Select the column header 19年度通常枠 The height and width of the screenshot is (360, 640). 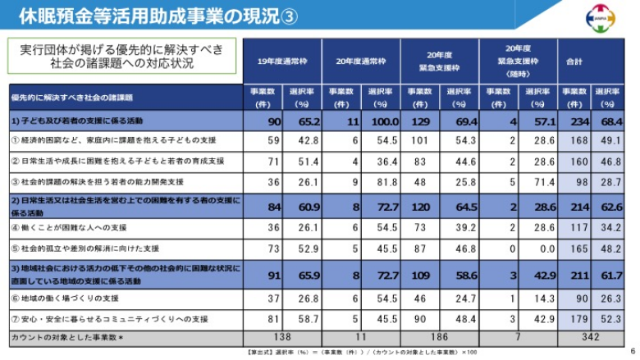click(x=282, y=61)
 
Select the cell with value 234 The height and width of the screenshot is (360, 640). click(x=577, y=121)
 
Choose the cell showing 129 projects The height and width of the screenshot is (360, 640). click(x=419, y=121)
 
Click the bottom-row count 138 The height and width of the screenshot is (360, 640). click(x=282, y=337)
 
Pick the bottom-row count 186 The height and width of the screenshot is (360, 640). click(x=440, y=337)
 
